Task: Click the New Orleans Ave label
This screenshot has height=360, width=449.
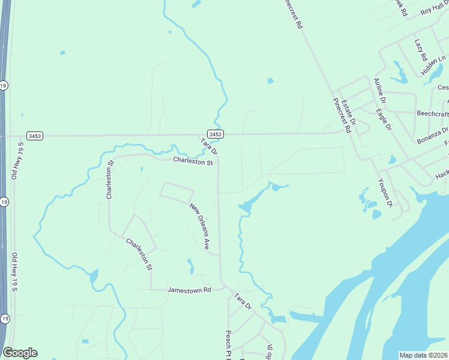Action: click(x=199, y=226)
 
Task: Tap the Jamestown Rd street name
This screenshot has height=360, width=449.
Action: click(x=189, y=289)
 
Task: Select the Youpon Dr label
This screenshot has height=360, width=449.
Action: click(x=385, y=193)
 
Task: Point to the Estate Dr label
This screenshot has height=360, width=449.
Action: click(x=349, y=112)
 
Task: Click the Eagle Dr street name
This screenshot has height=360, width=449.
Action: click(x=384, y=119)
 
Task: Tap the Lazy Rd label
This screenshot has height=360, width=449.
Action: click(x=420, y=50)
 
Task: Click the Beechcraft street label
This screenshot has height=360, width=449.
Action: click(x=433, y=113)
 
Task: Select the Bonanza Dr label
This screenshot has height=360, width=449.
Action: click(x=433, y=135)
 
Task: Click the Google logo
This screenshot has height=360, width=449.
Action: click(x=20, y=353)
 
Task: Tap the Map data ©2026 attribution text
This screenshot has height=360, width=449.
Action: click(x=423, y=355)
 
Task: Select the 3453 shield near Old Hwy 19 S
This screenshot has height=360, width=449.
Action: click(x=35, y=136)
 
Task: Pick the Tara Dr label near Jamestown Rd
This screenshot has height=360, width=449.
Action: click(x=243, y=301)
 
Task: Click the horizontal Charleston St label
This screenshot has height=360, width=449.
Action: click(x=193, y=161)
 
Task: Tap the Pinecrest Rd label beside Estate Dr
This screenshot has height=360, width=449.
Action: click(x=340, y=115)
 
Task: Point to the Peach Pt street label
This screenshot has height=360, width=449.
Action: click(x=228, y=344)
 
